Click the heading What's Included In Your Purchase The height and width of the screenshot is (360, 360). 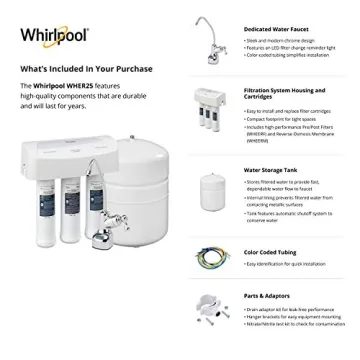tap(75, 69)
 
